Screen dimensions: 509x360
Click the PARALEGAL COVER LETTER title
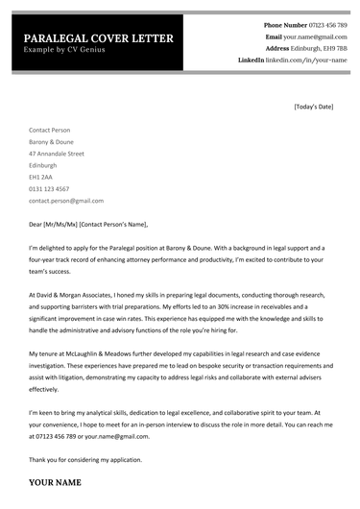click(99, 37)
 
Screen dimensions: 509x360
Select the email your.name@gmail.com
click(316, 36)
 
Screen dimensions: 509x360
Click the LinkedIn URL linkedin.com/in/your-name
click(307, 60)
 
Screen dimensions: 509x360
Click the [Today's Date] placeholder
click(313, 106)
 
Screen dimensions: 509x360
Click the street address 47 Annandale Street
click(57, 153)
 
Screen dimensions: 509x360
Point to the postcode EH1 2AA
click(41, 177)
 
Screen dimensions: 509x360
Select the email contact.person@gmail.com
click(66, 201)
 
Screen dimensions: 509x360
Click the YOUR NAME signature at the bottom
click(55, 482)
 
